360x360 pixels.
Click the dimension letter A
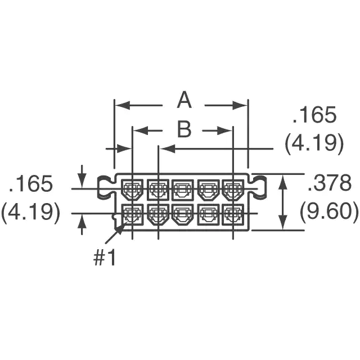pos(184,100)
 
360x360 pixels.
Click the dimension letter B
pos(184,129)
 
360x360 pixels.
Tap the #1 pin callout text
pos(104,258)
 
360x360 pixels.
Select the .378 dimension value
pos(329,183)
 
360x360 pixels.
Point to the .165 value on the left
pos(30,183)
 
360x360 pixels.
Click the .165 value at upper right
pos(314,114)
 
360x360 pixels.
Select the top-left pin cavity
pos(132,190)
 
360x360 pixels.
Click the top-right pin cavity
pos(233,190)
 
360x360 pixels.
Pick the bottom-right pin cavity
pos(233,215)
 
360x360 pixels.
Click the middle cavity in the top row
pos(182,190)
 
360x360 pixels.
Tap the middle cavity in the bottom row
pos(182,215)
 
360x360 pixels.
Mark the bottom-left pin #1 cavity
pos(132,215)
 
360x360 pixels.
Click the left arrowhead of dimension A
pos(123,105)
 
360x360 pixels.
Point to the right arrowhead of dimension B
pos(224,131)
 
